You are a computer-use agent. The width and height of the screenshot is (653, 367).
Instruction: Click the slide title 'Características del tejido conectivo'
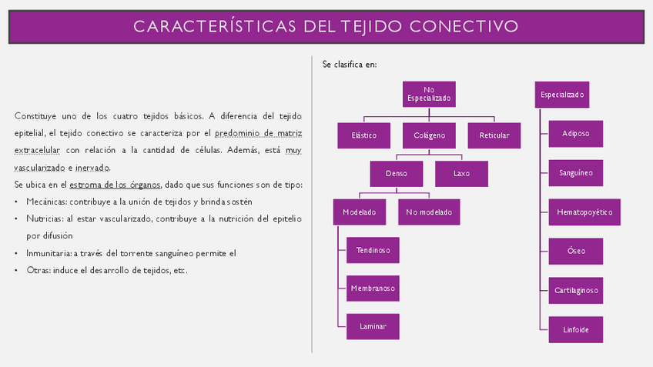pyautogui.click(x=326, y=26)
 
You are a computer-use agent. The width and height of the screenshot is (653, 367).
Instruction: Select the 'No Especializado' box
pyautogui.click(x=429, y=95)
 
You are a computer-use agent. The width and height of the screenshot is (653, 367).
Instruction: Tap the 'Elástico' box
pyautogui.click(x=364, y=135)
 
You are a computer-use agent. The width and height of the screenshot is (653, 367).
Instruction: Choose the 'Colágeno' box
pyautogui.click(x=429, y=135)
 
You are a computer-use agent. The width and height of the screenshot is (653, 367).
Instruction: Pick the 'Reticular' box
pyautogui.click(x=494, y=135)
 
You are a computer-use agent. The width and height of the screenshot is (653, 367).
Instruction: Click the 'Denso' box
pyautogui.click(x=397, y=173)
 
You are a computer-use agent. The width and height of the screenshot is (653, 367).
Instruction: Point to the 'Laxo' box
pyautogui.click(x=461, y=173)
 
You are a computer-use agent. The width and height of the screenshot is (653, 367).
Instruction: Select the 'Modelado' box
pyautogui.click(x=360, y=212)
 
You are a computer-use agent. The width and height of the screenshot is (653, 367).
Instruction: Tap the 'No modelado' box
pyautogui.click(x=429, y=212)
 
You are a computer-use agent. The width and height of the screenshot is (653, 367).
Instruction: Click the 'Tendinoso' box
pyautogui.click(x=373, y=250)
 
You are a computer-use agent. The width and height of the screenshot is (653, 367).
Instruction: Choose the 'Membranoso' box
pyautogui.click(x=373, y=289)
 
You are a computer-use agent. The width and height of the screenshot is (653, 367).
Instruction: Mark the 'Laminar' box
pyautogui.click(x=373, y=326)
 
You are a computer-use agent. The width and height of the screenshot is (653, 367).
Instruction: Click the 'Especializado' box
pyautogui.click(x=562, y=95)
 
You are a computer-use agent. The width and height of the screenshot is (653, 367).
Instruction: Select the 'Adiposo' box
pyautogui.click(x=576, y=133)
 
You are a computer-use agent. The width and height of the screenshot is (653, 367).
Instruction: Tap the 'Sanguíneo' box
pyautogui.click(x=576, y=173)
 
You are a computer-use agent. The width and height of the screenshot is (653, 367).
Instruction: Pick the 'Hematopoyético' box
pyautogui.click(x=584, y=212)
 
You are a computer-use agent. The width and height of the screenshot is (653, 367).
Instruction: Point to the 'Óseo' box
pyautogui.click(x=576, y=251)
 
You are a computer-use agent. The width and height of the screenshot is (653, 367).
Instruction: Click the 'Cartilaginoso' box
pyautogui.click(x=576, y=290)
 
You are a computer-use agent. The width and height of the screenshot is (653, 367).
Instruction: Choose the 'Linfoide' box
pyautogui.click(x=576, y=329)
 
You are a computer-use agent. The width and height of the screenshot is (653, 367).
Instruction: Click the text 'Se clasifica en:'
pyautogui.click(x=350, y=65)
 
